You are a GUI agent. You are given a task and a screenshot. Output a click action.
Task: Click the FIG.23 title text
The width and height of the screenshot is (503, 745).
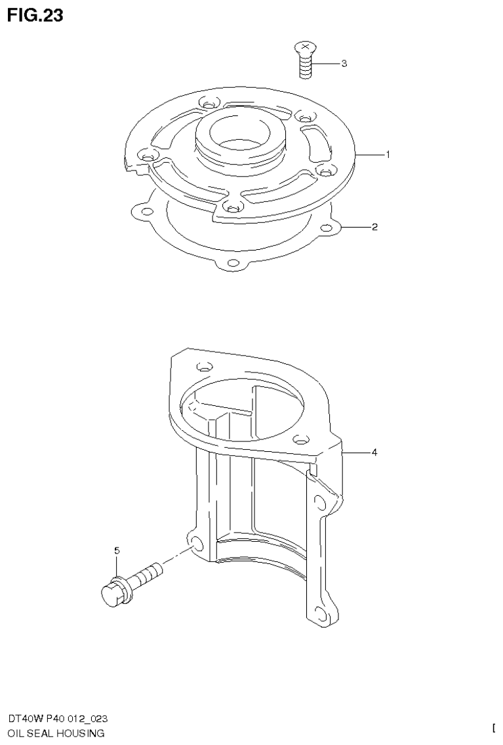pyautogui.click(x=35, y=16)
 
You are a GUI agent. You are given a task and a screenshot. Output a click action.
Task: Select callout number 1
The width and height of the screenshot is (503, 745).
pyautogui.click(x=388, y=155)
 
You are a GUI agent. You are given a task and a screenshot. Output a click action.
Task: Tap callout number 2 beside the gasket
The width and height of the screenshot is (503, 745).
pyautogui.click(x=374, y=228)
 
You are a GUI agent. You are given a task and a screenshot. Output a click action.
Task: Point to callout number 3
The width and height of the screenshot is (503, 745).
pyautogui.click(x=344, y=64)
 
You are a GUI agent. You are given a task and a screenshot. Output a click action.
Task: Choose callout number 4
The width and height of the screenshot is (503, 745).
pyautogui.click(x=374, y=453)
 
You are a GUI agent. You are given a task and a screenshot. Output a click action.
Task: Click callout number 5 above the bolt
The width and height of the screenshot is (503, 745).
pyautogui.click(x=117, y=552)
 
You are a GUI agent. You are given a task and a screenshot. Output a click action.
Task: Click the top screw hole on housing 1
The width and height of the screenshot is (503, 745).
pyautogui.click(x=209, y=103)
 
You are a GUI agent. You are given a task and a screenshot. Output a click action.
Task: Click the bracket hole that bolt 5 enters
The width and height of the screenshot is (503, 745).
pyautogui.click(x=195, y=543)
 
